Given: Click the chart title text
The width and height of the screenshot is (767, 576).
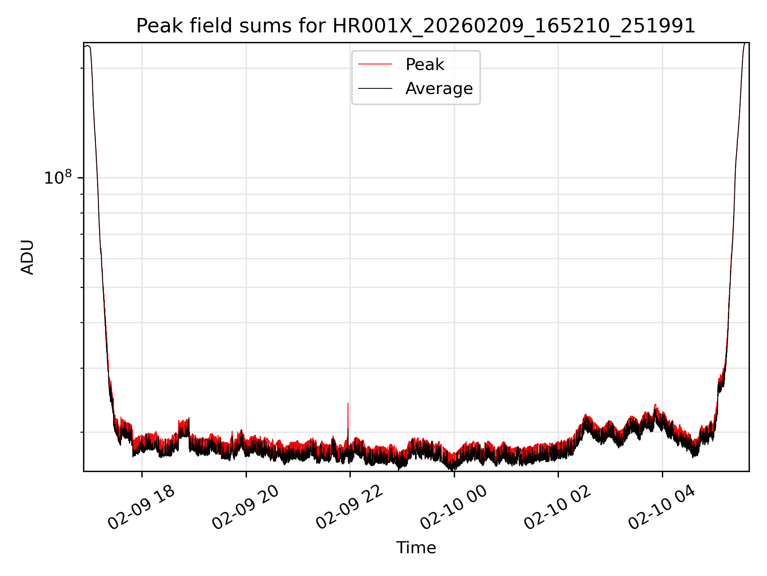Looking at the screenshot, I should click(415, 26).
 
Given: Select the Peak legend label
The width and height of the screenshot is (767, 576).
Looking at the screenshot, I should click(425, 64).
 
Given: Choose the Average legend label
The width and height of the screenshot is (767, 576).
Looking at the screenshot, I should click(439, 88).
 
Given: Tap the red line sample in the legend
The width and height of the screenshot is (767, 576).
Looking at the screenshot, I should click(375, 64).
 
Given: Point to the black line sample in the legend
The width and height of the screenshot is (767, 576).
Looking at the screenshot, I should click(375, 88).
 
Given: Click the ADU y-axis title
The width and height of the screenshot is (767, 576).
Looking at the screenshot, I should click(27, 257).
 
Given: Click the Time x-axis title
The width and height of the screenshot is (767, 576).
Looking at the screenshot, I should click(416, 548).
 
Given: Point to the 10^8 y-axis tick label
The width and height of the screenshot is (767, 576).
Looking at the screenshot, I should click(58, 178).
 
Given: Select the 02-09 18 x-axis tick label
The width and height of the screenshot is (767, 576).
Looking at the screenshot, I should click(141, 508).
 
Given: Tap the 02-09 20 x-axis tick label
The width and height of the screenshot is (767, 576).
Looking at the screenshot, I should click(245, 508).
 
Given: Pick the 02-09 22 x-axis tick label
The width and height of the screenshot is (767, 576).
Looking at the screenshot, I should click(350, 508).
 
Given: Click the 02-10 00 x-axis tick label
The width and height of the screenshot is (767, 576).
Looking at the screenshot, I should click(454, 508).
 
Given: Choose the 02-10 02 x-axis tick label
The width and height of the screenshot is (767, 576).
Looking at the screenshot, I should click(558, 508).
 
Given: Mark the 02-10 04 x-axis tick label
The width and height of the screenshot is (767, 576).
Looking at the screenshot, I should click(662, 508).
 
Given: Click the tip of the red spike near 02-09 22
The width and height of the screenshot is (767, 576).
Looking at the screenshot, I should click(348, 404).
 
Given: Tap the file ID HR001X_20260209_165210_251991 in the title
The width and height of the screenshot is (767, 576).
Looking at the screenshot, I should click(514, 26).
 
